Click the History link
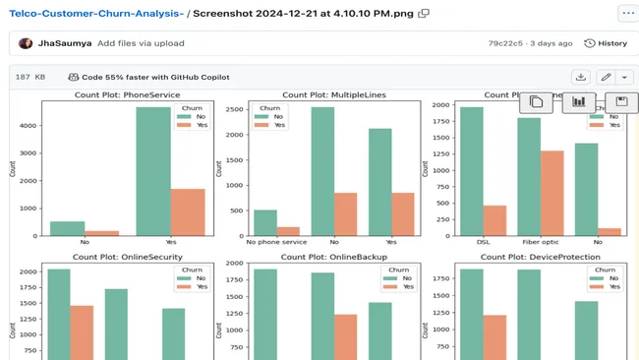606,43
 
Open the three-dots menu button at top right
626,14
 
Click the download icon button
581,77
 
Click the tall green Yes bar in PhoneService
152,171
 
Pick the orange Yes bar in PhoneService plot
187,212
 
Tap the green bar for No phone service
265,223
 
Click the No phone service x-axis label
277,242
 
